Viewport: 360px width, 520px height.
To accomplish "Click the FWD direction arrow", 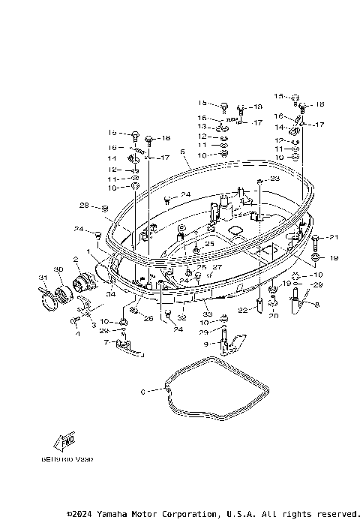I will click(65, 440).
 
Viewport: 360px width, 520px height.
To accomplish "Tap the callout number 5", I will click(182, 151).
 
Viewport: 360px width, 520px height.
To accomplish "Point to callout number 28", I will click(84, 206).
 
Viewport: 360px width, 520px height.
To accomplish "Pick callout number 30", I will click(58, 269).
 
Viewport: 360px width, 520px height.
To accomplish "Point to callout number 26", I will click(148, 318).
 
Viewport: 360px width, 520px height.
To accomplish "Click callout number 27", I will click(217, 267).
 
